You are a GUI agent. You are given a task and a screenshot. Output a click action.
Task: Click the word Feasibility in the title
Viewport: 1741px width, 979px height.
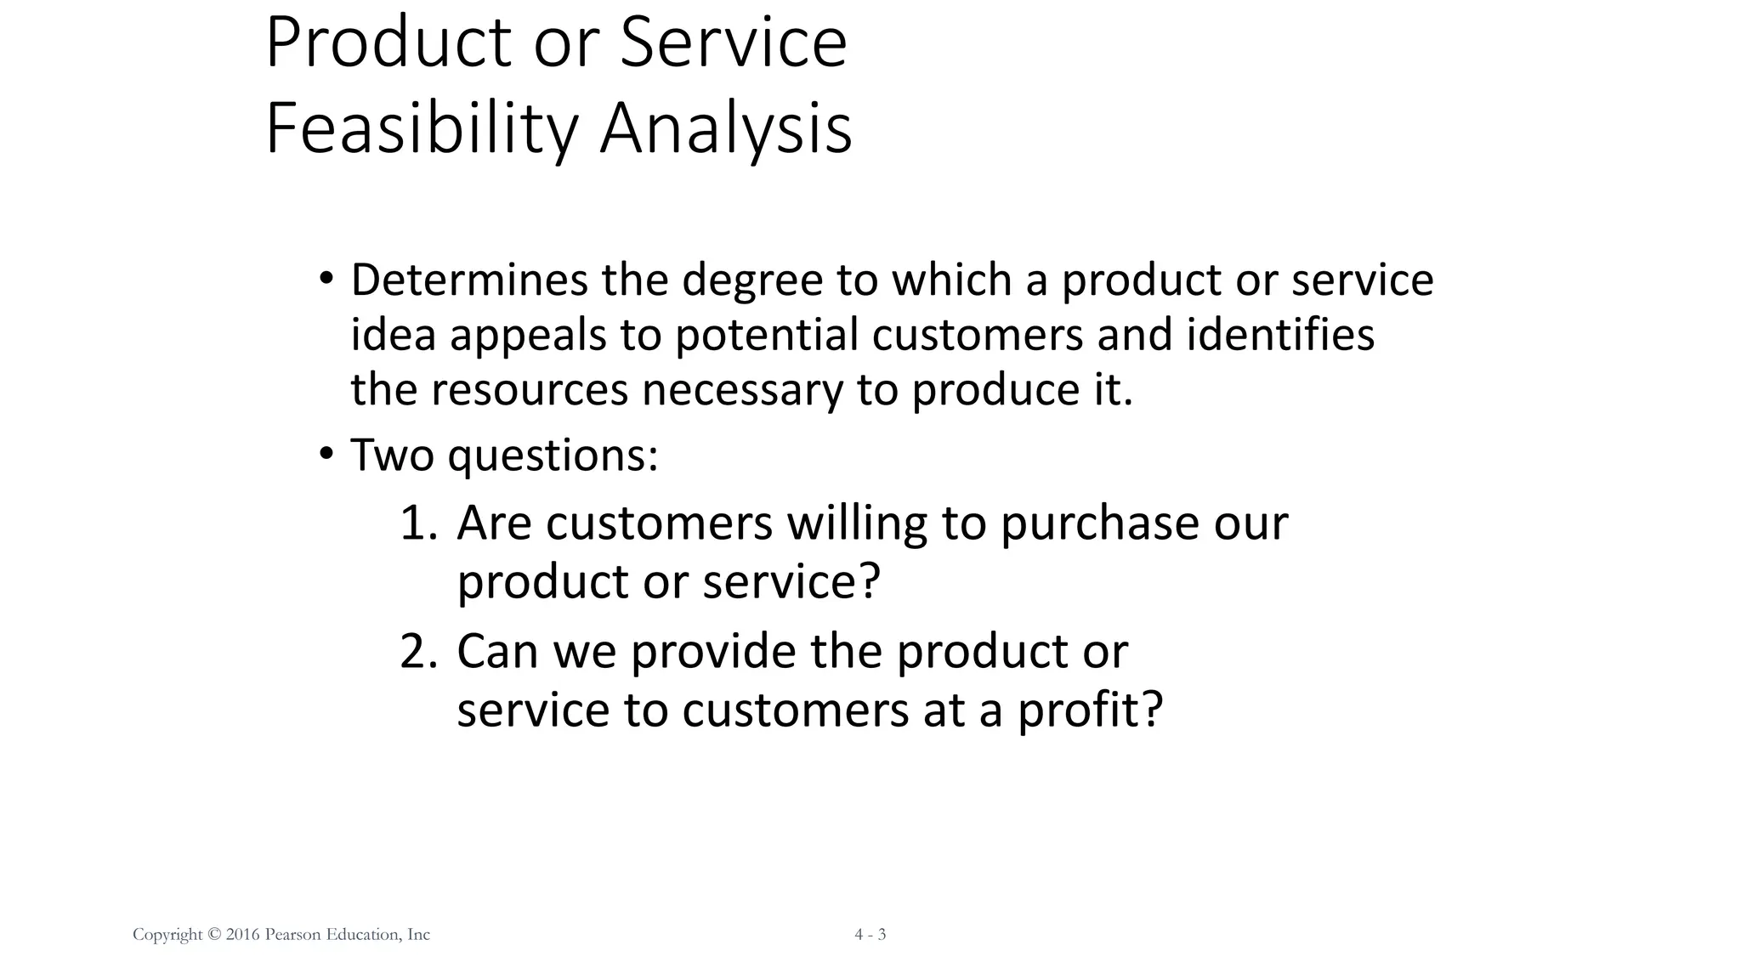(x=422, y=129)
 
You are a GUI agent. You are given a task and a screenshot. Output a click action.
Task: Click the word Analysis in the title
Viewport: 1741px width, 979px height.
(x=726, y=129)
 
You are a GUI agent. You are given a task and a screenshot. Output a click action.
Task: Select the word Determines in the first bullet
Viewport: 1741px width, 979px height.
(x=468, y=280)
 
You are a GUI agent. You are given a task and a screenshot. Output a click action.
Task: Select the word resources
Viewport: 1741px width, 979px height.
(x=530, y=391)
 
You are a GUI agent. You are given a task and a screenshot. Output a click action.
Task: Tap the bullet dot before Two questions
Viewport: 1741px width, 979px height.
(x=326, y=455)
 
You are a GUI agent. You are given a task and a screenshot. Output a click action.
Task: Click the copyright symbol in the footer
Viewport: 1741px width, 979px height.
(x=213, y=935)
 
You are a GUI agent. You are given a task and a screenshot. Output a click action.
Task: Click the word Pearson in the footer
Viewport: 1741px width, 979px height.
(x=293, y=935)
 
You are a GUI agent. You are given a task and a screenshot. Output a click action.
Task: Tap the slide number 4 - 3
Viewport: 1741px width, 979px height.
(x=870, y=935)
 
